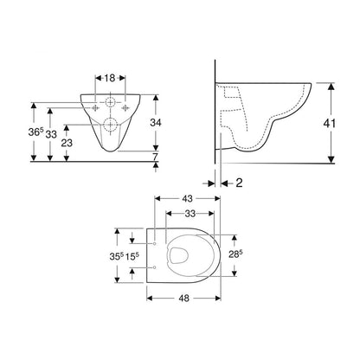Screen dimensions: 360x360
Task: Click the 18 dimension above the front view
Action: (x=110, y=77)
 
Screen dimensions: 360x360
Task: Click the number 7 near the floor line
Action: (x=156, y=157)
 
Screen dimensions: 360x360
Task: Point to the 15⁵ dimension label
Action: (x=134, y=257)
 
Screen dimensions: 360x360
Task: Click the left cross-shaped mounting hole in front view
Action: (x=93, y=106)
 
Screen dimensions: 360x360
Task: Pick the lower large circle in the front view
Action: (x=111, y=127)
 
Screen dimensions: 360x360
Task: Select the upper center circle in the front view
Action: (x=111, y=102)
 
